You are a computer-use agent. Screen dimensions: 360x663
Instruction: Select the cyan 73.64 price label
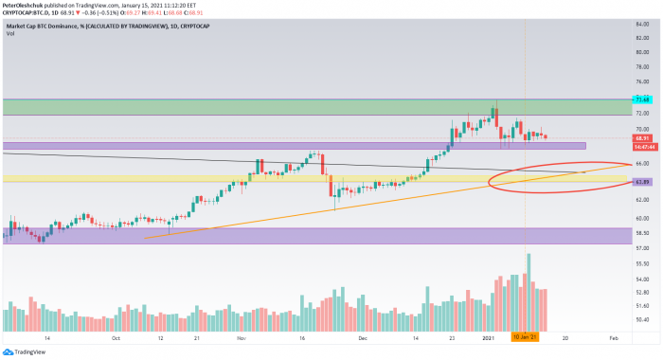pos(641,99)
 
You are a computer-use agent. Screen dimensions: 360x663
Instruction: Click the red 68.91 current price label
pos(641,138)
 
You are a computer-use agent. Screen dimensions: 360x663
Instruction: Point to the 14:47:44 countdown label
pos(641,146)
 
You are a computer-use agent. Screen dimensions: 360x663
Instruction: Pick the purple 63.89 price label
pos(641,180)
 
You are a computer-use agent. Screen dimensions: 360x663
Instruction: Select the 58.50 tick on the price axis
pos(641,232)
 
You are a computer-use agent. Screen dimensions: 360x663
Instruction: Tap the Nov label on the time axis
pos(242,337)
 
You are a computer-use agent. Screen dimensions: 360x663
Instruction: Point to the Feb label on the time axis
pos(614,337)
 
